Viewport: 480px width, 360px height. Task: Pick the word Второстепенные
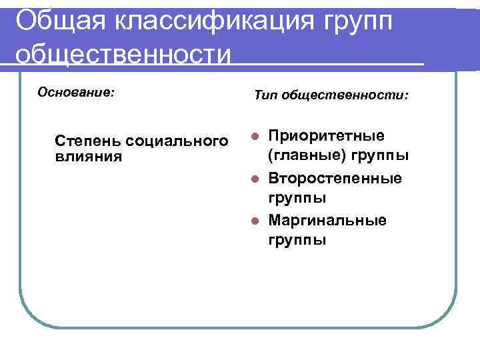pos(335,179)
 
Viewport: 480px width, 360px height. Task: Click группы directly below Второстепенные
pos(297,199)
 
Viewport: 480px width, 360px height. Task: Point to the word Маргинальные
pos(327,221)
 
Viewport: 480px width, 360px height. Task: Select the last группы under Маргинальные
pos(297,241)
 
